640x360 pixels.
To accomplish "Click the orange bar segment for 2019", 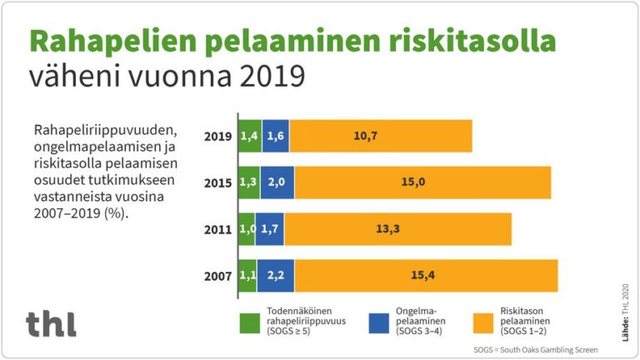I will point(381,136).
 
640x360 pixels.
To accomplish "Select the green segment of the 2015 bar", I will point(249,182).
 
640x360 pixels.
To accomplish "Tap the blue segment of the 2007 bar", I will point(275,275).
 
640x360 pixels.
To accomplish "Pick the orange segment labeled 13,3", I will point(397,229).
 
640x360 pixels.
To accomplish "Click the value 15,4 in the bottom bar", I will point(425,275).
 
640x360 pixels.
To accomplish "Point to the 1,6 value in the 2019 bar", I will point(275,136).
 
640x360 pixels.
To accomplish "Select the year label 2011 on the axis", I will point(218,229).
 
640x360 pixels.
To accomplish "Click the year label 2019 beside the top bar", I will point(218,136).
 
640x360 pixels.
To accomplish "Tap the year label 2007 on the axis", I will point(218,275).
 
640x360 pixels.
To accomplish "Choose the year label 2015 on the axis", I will point(218,182).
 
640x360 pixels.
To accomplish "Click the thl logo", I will point(51,322).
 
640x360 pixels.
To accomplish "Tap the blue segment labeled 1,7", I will point(269,229).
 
